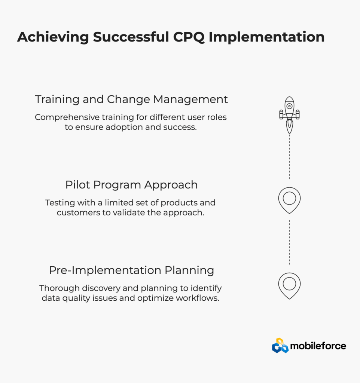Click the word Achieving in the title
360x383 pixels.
pos(53,37)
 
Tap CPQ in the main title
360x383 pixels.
pos(189,37)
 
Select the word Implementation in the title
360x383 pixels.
pos(267,37)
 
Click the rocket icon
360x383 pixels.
pos(289,115)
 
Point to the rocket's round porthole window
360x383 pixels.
pos(289,106)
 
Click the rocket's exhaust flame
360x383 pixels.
pos(289,127)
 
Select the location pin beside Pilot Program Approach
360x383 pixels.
pos(289,200)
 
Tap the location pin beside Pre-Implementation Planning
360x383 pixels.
pos(289,286)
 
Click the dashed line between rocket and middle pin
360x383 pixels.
pos(289,157)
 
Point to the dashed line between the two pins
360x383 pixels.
pos(289,242)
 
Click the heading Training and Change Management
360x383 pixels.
pos(131,99)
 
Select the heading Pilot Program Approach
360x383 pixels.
pos(131,185)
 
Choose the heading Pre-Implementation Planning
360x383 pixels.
pos(131,270)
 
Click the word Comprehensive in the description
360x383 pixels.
pos(67,117)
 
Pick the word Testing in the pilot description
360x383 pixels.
pos(60,203)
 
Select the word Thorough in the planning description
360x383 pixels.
pos(60,288)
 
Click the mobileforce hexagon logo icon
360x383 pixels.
pos(280,346)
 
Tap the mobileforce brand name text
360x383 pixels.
pos(318,346)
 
